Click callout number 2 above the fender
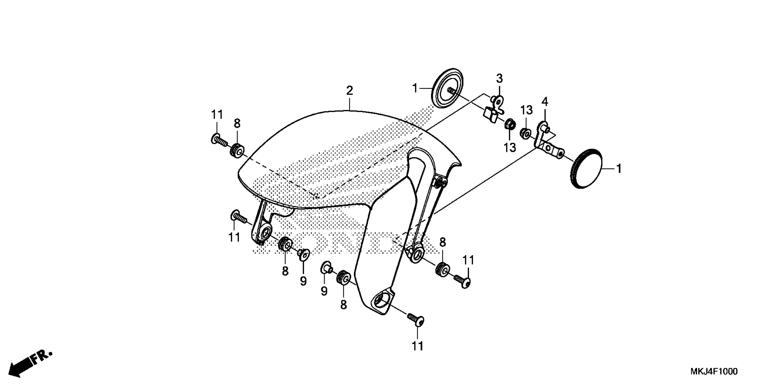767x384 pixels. [350, 91]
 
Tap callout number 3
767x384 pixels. [499, 79]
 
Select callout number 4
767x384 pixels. [545, 102]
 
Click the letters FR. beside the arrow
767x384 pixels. [42, 358]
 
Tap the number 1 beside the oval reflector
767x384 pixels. [619, 169]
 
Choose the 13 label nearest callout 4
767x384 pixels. [527, 110]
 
